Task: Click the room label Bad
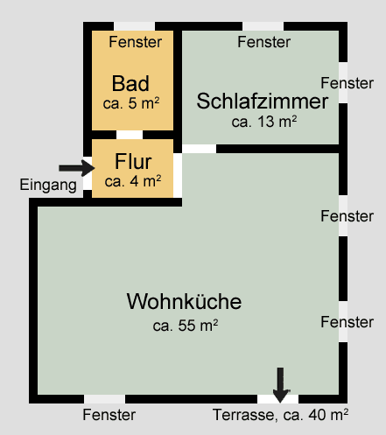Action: click(x=130, y=83)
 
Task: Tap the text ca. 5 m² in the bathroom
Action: click(x=131, y=103)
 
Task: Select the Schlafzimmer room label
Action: click(x=263, y=101)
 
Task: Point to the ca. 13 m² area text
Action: click(x=264, y=122)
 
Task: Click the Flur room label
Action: click(x=133, y=161)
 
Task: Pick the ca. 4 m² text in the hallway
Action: click(x=133, y=181)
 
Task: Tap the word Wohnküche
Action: click(x=184, y=301)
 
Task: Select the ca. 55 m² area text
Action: click(x=186, y=326)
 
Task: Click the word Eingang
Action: click(x=48, y=185)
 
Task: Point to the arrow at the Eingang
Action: click(x=77, y=168)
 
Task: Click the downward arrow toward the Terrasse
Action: click(x=280, y=385)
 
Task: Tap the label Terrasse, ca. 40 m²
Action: click(x=280, y=415)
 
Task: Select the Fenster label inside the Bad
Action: click(x=136, y=42)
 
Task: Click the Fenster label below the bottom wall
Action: click(x=109, y=415)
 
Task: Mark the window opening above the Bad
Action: click(x=134, y=26)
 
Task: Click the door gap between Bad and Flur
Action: click(x=130, y=135)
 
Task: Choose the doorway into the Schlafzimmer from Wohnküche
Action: click(x=200, y=149)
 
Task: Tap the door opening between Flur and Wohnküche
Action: click(x=178, y=175)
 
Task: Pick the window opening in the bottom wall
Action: click(x=105, y=399)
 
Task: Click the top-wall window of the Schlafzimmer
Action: click(x=263, y=26)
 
